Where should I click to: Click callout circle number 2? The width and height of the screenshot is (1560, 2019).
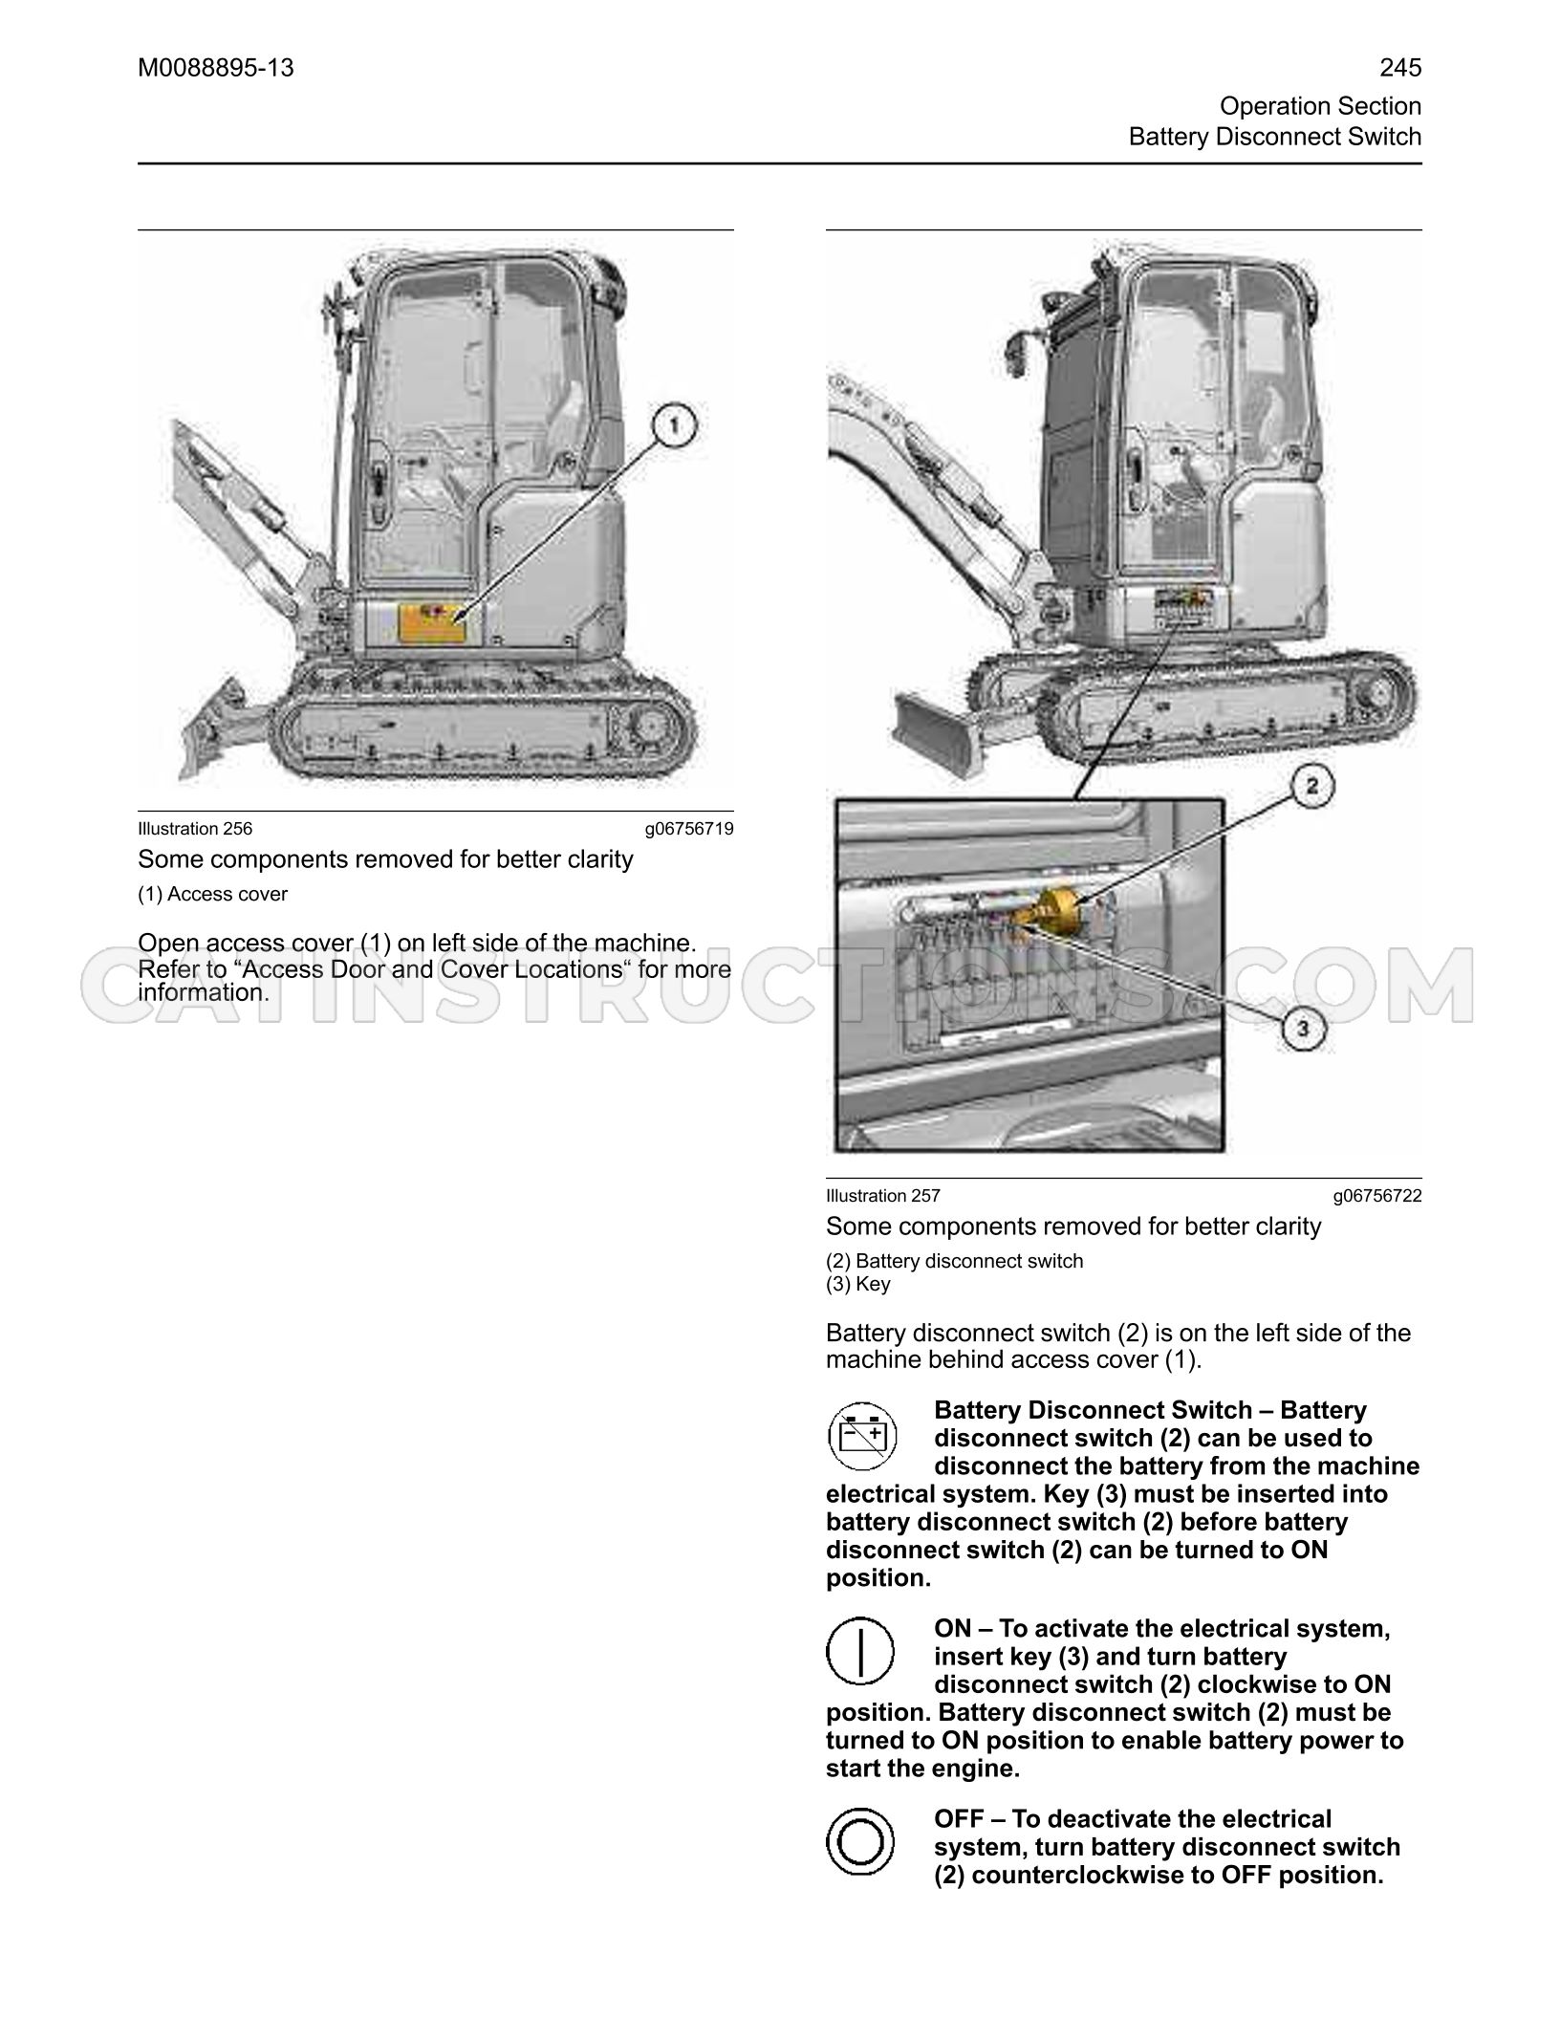coord(1311,786)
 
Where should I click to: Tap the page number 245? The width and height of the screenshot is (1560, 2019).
coord(1400,68)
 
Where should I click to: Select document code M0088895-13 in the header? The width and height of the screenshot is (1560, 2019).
coord(216,68)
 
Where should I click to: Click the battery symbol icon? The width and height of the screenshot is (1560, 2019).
coord(860,1435)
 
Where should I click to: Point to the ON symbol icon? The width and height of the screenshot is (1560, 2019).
coord(860,1651)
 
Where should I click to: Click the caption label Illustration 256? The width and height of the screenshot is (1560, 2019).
coord(195,829)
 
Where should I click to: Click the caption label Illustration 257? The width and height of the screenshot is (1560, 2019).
coord(883,1196)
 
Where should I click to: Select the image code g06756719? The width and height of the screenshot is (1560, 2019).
coord(689,829)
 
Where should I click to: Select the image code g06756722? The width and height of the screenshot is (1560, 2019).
coord(1377,1196)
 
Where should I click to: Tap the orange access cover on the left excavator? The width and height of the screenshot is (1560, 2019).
coord(431,622)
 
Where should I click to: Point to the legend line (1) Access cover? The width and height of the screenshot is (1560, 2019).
coord(212,894)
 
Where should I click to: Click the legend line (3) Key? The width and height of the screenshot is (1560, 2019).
coord(857,1284)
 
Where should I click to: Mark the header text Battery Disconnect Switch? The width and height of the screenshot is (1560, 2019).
coord(1275,137)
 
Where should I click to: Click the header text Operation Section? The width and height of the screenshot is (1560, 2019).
coord(1321,106)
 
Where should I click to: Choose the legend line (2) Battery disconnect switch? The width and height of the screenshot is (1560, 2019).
coord(955,1261)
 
